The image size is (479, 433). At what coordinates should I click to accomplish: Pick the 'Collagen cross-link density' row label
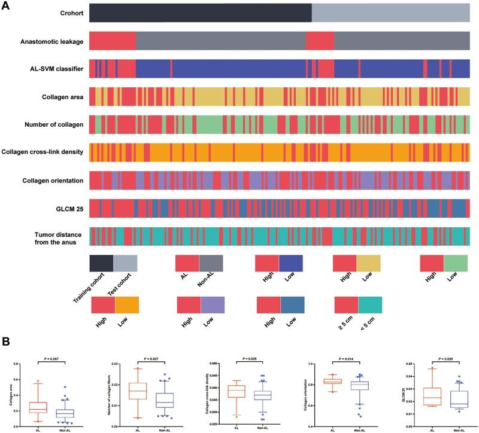click(43, 153)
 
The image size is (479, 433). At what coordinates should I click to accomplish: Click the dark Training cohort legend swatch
click(101, 264)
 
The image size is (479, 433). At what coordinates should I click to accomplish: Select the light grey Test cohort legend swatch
click(125, 264)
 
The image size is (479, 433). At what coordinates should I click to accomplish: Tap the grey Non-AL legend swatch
click(211, 264)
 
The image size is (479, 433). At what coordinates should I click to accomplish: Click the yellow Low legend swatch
click(368, 264)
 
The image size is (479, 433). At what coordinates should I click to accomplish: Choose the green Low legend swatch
click(456, 264)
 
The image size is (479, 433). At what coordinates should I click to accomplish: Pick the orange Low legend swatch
click(127, 305)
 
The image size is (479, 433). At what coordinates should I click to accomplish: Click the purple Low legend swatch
click(213, 305)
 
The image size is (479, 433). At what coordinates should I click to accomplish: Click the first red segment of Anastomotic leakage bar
click(112, 41)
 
